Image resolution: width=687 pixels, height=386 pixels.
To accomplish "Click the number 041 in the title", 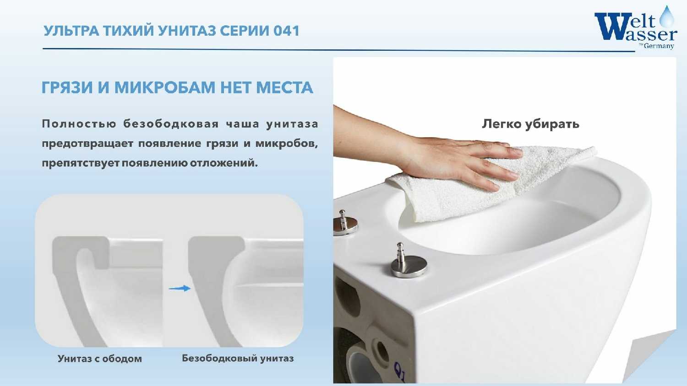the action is [x=286, y=31].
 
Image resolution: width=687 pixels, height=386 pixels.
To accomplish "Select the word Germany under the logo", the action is [x=659, y=46].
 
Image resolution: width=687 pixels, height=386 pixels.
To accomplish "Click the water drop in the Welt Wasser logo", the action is [x=667, y=17].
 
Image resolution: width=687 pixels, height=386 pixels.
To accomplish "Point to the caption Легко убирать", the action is [x=530, y=124].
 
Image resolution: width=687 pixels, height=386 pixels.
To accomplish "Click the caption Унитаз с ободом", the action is [x=100, y=359].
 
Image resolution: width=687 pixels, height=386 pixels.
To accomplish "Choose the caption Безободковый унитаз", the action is [x=238, y=358].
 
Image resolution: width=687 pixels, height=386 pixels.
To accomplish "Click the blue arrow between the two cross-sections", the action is [x=180, y=288].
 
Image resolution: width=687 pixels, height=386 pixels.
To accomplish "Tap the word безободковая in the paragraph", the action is [x=171, y=124].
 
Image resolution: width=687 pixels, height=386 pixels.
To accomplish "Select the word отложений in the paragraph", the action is [x=224, y=163].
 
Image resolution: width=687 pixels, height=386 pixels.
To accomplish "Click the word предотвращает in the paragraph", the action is [x=87, y=144].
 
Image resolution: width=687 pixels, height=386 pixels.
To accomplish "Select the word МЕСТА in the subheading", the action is [x=284, y=87].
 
